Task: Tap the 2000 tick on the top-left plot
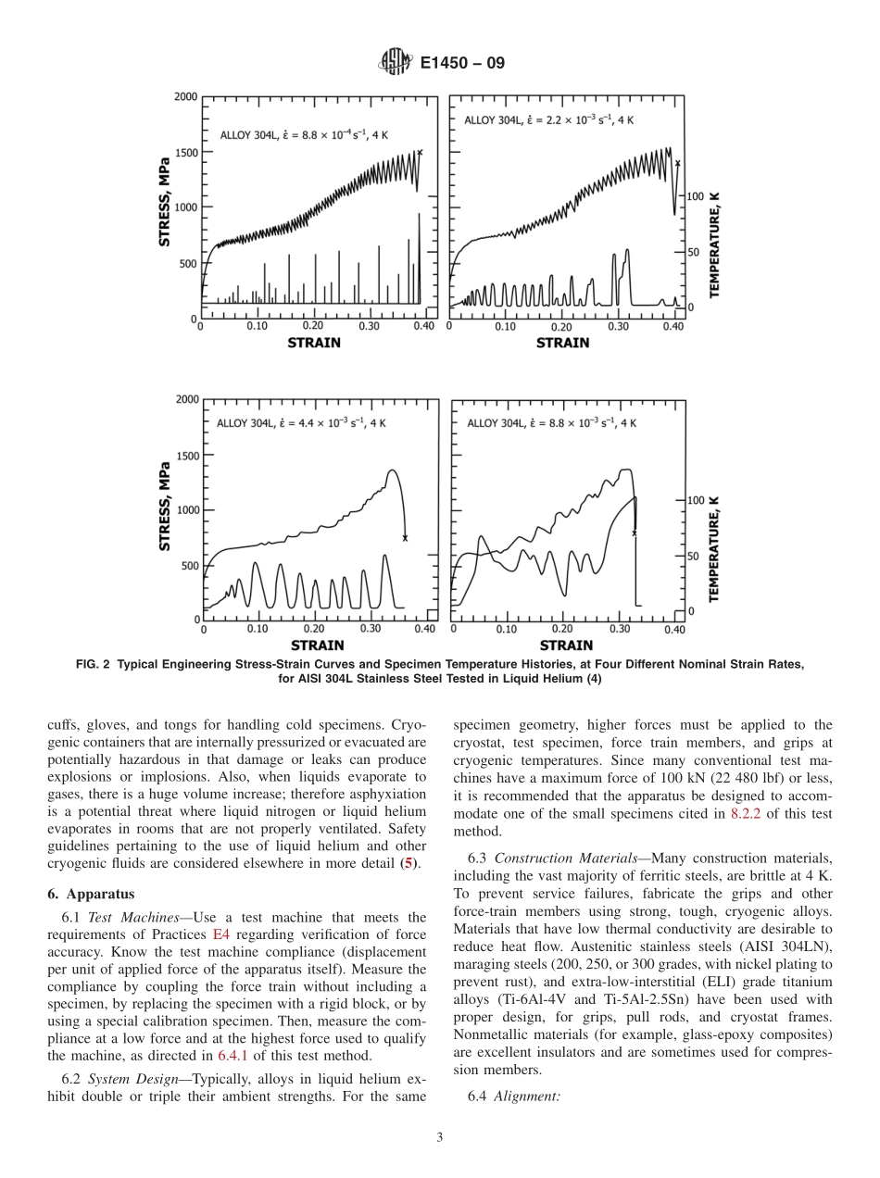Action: click(x=184, y=96)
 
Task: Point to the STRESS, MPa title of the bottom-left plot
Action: click(x=164, y=508)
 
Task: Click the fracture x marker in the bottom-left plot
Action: click(x=405, y=538)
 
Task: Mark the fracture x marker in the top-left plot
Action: click(x=420, y=153)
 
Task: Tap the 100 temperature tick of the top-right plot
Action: click(x=695, y=196)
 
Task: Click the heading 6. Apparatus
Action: click(x=90, y=895)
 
